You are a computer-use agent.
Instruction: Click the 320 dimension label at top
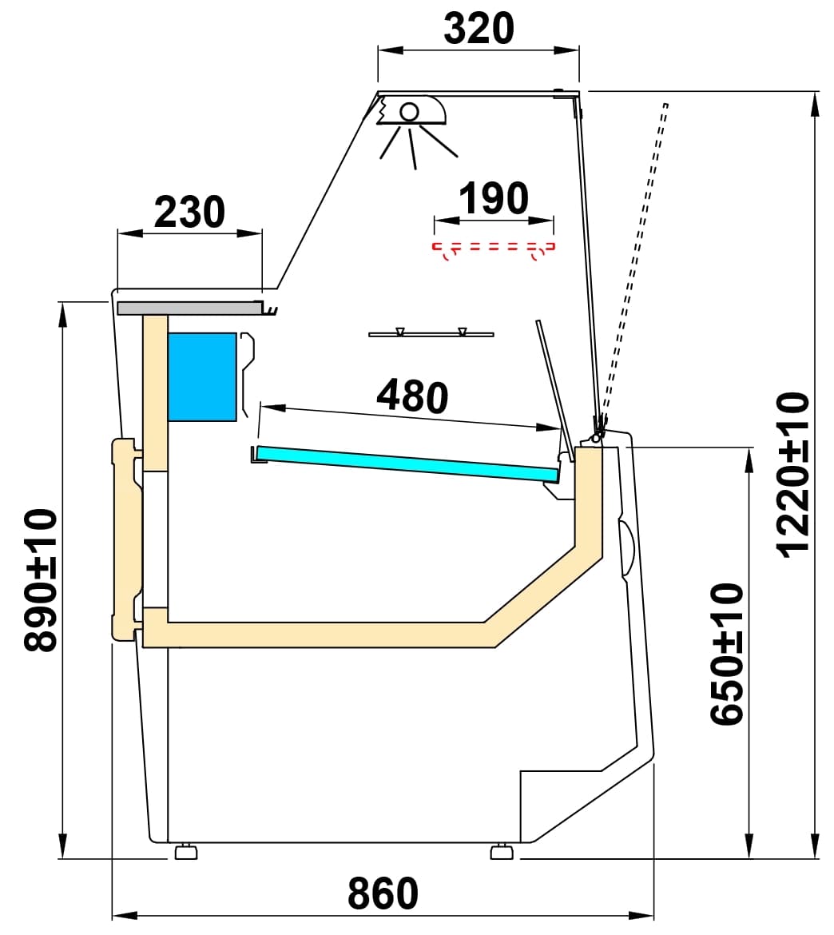tap(479, 29)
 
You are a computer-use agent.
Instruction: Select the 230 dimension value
tap(189, 213)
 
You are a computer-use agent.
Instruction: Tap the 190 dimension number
tap(494, 199)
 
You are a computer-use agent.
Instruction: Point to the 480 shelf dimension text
tap(411, 396)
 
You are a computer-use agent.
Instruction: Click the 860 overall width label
tap(383, 893)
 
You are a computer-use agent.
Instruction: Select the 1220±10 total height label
tap(793, 474)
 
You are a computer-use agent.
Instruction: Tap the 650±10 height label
tap(727, 654)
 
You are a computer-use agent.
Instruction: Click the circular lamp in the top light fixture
tap(410, 111)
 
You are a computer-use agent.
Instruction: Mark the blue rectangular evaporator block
tap(202, 376)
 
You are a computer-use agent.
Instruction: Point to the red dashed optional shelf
tap(493, 247)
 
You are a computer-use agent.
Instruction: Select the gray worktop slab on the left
tap(188, 308)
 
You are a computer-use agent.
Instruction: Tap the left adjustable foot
tap(186, 852)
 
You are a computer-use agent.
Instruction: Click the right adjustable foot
tap(502, 852)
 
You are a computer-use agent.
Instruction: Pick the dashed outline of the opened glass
tap(637, 256)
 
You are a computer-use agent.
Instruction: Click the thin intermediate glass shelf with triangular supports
tap(431, 333)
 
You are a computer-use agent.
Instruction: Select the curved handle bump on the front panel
tap(627, 549)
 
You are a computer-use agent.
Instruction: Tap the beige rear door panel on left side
tap(125, 539)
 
